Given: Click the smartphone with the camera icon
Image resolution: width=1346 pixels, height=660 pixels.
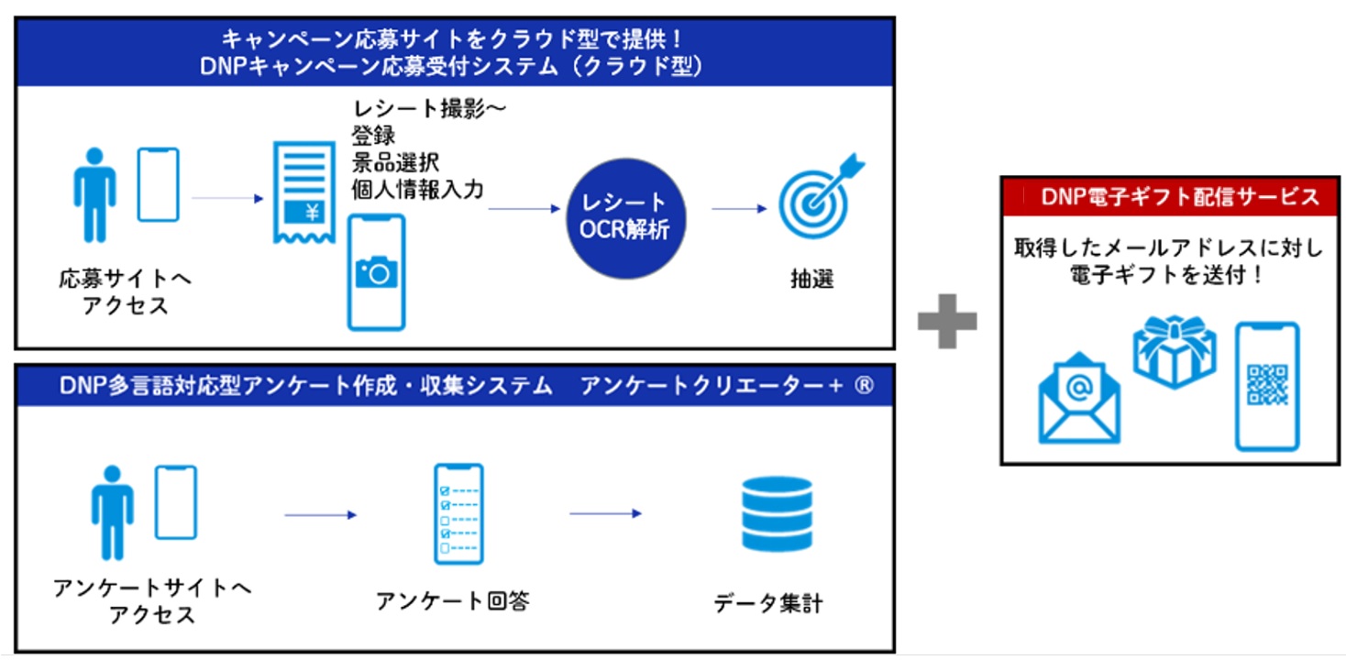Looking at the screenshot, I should pos(376,271).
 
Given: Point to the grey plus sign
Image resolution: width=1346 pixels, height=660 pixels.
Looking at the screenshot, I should pos(947,320).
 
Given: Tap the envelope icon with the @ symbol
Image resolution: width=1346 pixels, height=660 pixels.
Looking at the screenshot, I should pos(1079,400).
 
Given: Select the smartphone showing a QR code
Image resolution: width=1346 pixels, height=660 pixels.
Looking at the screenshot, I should pos(1267,386).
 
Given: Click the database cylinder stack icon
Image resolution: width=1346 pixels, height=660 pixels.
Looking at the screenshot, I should pos(777,513).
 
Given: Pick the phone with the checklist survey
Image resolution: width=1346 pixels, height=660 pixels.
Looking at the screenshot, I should pos(458,513).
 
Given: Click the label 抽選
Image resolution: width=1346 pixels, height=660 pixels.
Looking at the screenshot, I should pos(812,279).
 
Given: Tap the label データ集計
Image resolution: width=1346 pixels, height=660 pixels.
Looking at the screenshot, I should pos(768,604).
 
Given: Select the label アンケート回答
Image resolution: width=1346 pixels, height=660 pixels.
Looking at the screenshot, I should pos(453,601).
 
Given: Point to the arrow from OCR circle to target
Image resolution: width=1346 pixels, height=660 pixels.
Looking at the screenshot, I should pos(739,209).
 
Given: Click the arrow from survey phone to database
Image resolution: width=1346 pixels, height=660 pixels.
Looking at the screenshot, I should pos(605,513).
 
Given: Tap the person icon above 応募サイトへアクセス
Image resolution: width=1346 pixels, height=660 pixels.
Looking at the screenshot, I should pos(94,195).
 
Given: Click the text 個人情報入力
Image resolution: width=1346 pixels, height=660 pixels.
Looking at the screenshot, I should pos(417,189).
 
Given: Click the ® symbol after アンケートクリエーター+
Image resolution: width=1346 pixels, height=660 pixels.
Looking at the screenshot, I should pos(863,387).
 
